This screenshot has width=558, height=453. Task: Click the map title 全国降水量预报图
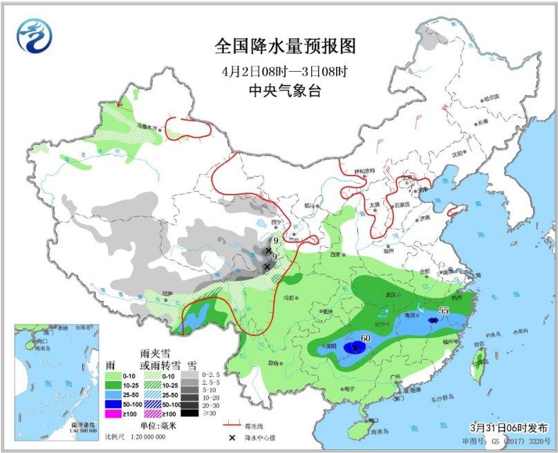[284, 47]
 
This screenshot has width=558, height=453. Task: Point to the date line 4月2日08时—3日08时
[284, 70]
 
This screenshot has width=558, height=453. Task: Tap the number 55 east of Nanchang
[444, 311]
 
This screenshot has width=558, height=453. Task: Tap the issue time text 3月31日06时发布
[513, 428]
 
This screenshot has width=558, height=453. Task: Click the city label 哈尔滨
[490, 99]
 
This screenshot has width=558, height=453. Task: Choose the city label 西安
[335, 255]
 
